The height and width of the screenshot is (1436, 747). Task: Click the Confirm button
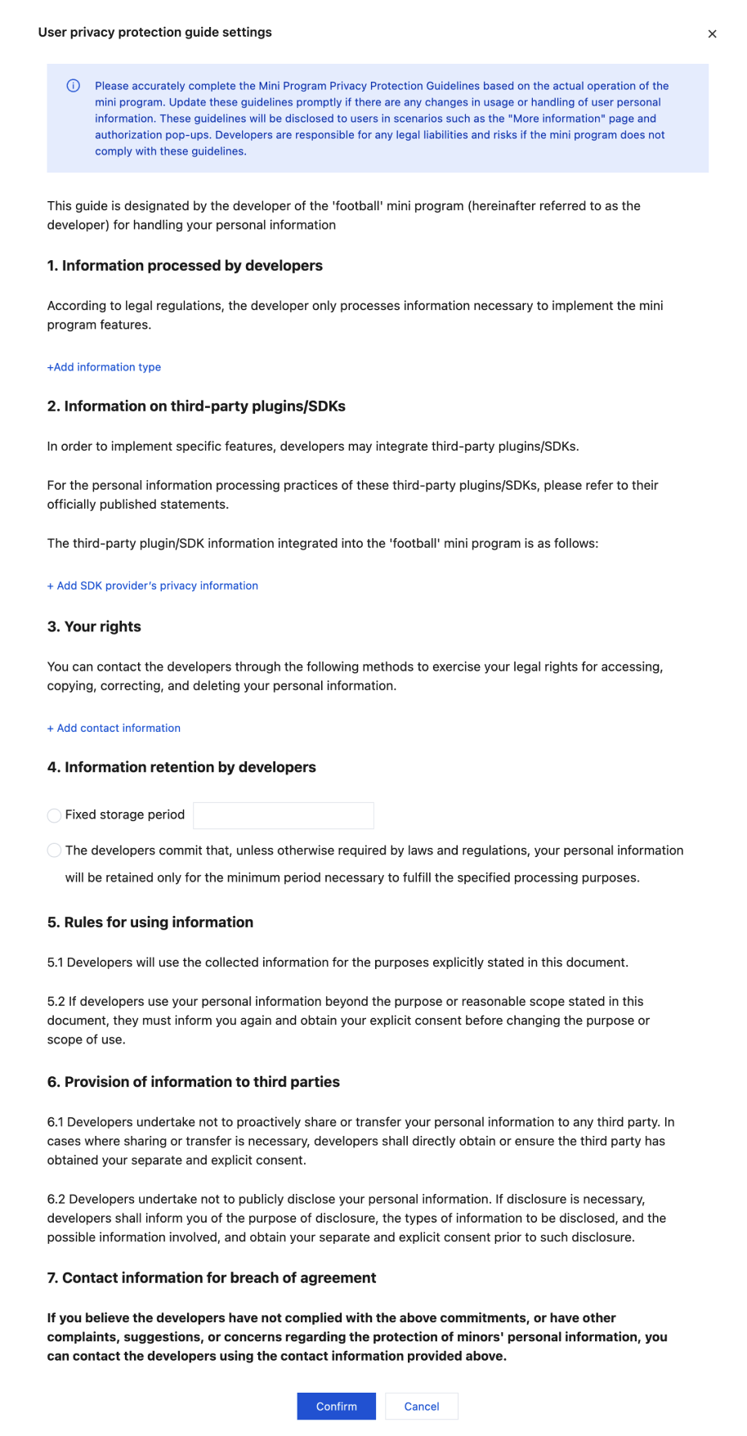point(336,1406)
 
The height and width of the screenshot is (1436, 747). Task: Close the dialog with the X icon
point(712,34)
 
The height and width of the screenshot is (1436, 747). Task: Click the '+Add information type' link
point(104,367)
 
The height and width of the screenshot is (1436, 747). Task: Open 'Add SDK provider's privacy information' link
point(153,586)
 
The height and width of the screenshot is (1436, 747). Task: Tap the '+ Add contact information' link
point(114,728)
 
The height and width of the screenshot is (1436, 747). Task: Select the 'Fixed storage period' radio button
point(55,815)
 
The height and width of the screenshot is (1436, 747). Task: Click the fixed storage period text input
point(283,815)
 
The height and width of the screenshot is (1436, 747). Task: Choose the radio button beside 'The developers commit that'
point(55,850)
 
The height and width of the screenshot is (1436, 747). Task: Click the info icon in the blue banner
point(74,86)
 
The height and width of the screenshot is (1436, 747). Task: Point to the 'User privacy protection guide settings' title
point(154,33)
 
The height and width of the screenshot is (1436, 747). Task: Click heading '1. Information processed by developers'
point(185,266)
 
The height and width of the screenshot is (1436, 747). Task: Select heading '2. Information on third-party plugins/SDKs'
point(196,406)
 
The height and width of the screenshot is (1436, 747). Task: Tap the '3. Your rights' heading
point(94,626)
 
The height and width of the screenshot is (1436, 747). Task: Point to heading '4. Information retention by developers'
point(181,767)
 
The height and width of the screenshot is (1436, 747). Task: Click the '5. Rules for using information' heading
point(150,922)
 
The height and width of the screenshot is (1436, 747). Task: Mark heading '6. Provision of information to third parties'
point(194,1082)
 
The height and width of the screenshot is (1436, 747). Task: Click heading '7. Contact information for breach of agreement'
point(212,1278)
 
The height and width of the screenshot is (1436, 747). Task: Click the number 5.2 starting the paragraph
point(56,1002)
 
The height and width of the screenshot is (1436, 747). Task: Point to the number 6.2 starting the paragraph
point(56,1200)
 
